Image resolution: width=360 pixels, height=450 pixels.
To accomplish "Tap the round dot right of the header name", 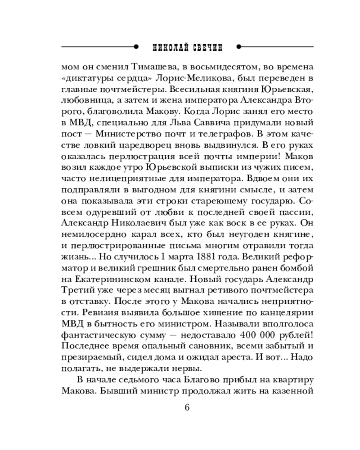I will click(238, 46).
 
